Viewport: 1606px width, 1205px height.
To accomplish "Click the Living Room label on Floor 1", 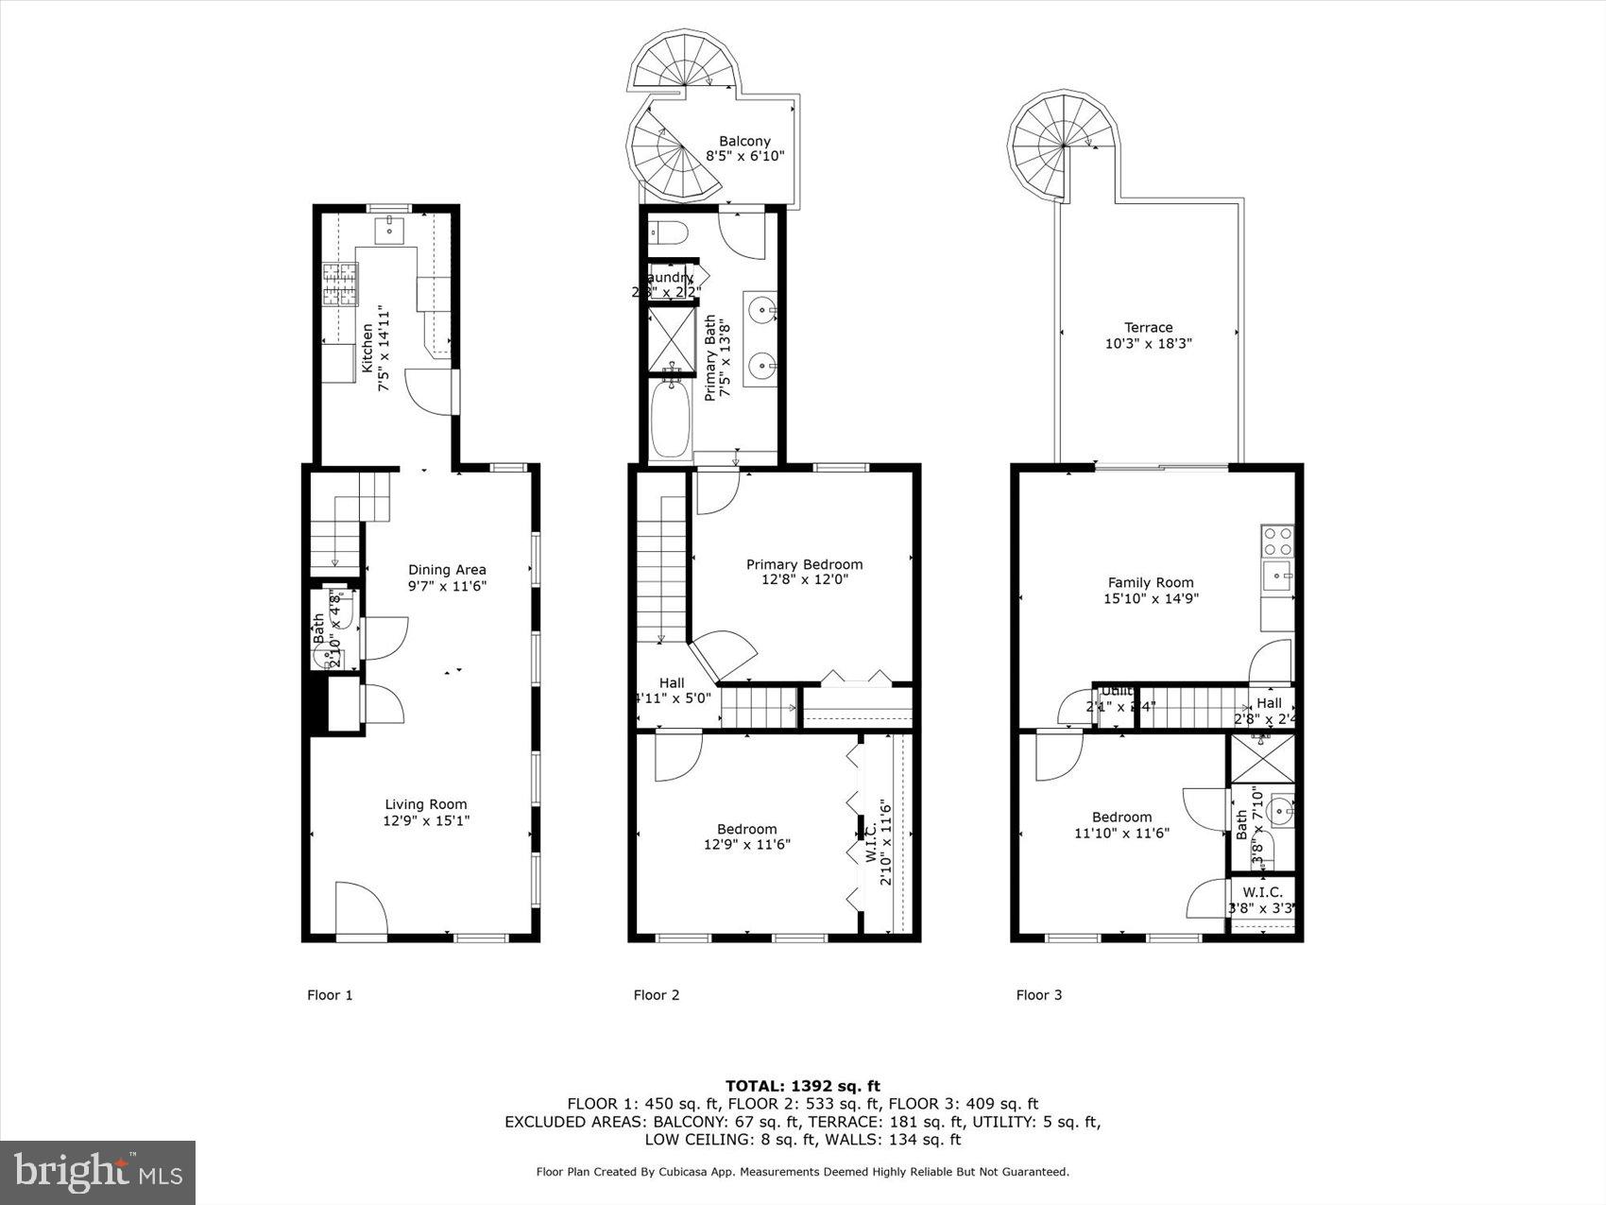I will click(x=425, y=804).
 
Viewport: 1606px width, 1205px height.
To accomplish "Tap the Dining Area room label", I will click(x=447, y=569).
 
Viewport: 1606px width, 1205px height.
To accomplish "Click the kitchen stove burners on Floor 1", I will click(x=341, y=284).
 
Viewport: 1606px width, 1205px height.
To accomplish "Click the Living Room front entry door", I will click(x=361, y=909).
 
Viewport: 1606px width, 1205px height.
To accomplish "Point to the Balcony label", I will click(x=744, y=141).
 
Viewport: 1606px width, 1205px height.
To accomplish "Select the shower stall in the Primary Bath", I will click(x=672, y=337).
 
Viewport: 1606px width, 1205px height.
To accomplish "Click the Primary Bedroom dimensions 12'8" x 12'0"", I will click(x=804, y=580).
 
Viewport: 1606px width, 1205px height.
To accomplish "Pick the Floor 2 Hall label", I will click(x=672, y=682).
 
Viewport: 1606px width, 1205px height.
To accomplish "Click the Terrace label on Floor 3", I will click(x=1148, y=327).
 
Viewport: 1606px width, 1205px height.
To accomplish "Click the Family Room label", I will click(x=1150, y=582).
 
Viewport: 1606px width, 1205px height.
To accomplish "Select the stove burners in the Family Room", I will click(x=1277, y=541).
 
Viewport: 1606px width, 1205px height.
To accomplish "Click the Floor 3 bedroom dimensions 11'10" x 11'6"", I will click(x=1121, y=834).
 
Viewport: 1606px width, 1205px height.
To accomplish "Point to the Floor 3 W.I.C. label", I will click(x=1262, y=892).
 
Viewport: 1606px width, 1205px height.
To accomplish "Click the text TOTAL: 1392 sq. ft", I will click(x=802, y=1086).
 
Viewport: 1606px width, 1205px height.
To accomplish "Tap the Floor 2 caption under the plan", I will click(x=656, y=994).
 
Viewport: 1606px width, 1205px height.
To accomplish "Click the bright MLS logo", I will click(x=98, y=1173).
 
